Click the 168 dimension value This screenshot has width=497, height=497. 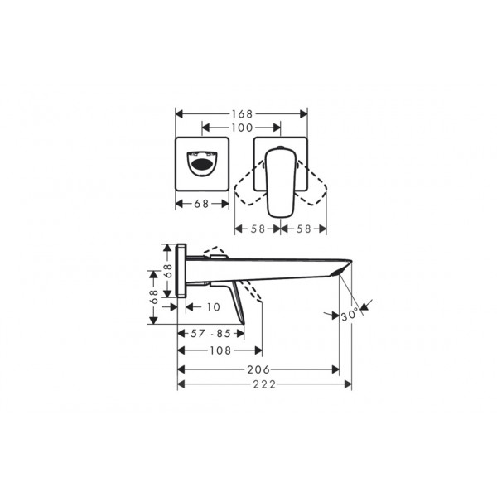[x=242, y=113]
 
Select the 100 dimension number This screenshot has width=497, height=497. [x=242, y=128]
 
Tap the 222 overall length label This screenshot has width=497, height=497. [x=264, y=384]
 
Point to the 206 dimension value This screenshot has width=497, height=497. [x=258, y=369]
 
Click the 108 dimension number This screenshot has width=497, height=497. [x=220, y=350]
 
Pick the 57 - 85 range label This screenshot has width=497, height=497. [x=210, y=334]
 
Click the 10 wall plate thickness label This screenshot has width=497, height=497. [x=214, y=306]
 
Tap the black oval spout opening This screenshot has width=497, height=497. [x=202, y=165]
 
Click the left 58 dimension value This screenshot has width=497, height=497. [x=258, y=229]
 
